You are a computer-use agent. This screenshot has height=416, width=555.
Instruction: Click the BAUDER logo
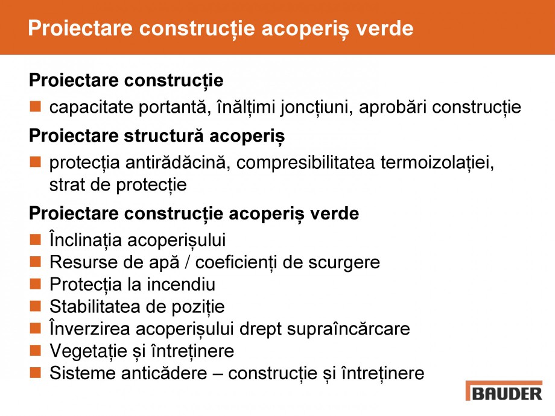[x=504, y=392]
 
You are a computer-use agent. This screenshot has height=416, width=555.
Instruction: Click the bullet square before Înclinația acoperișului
[x=36, y=240]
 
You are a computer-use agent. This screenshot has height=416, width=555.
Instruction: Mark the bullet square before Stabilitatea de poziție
[x=36, y=306]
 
